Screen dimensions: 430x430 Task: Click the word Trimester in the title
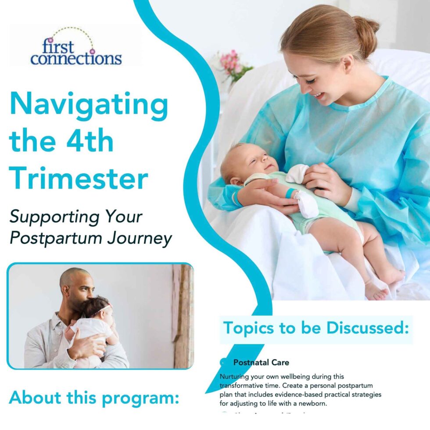point(79,179)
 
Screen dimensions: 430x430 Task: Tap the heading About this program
point(94,397)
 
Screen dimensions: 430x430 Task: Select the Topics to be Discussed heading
point(316,328)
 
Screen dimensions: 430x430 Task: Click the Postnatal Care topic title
point(261,363)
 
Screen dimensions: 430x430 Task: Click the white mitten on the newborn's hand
point(297,173)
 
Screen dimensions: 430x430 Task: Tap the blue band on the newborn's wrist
point(289,193)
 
